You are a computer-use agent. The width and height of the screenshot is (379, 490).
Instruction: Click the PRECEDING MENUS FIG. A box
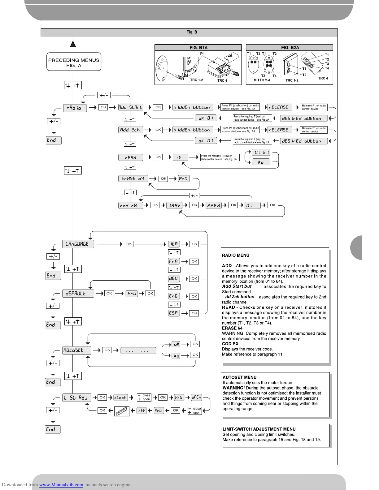[x=74, y=62]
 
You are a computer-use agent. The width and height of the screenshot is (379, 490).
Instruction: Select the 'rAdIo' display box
[x=75, y=108]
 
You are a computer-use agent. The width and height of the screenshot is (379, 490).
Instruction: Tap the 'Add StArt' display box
[x=130, y=107]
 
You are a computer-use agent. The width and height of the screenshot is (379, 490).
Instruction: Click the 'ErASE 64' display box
[x=133, y=178]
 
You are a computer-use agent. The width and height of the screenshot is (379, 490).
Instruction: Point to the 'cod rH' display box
[x=130, y=205]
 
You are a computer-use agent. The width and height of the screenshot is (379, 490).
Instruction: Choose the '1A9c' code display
[x=174, y=205]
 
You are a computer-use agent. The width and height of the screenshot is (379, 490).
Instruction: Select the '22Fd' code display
[x=214, y=205]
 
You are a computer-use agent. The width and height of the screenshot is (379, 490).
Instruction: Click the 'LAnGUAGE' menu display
[x=78, y=244]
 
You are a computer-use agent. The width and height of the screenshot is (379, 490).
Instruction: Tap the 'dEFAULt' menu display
[x=78, y=293]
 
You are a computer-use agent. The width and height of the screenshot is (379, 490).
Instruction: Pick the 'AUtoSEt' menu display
[x=77, y=350]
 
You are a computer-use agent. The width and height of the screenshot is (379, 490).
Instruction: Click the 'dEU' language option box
[x=174, y=278]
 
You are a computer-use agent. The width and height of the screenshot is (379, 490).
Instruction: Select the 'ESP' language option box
[x=174, y=313]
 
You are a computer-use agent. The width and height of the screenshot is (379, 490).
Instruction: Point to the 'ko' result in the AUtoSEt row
[x=176, y=356]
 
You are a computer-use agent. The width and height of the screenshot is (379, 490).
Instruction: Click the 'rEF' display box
[x=141, y=410]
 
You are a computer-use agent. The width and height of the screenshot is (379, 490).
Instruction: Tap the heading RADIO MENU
[x=235, y=255]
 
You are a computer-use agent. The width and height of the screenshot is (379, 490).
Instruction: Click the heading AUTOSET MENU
[x=239, y=377]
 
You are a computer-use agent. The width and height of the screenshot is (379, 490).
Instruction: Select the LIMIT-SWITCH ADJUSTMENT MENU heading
[x=259, y=429]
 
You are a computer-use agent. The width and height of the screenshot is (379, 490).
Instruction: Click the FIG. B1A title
[x=198, y=48]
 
